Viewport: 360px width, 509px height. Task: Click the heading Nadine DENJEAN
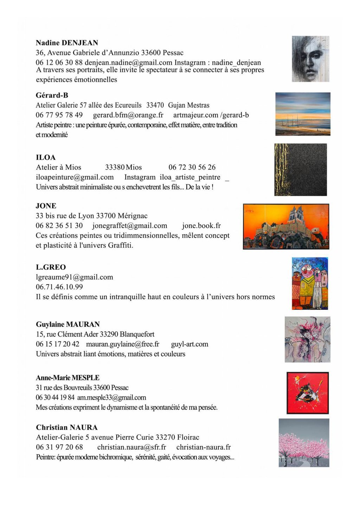[67, 43]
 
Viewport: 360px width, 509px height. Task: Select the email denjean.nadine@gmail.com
[128, 63]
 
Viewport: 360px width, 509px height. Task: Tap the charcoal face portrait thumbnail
[310, 59]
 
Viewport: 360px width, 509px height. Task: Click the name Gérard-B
[52, 95]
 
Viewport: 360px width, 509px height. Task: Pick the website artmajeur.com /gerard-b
[211, 115]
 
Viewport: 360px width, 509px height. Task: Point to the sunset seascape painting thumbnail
[303, 114]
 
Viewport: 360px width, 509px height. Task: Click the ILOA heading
[46, 157]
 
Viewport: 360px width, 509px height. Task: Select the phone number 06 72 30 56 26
[192, 167]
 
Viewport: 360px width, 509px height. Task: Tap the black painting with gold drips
[301, 170]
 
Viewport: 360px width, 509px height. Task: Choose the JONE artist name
[46, 206]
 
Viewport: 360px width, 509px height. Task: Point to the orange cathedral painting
[286, 227]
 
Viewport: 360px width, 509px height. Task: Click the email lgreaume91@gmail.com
[75, 277]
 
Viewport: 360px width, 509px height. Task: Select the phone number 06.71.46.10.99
[59, 287]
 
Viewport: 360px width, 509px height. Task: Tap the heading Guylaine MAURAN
[68, 324]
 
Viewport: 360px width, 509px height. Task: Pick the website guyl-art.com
[189, 344]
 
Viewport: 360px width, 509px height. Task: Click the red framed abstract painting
[308, 393]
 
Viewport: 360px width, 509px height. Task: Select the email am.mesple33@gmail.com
[111, 398]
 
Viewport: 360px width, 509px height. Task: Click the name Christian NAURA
[67, 428]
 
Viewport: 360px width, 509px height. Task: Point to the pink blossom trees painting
[304, 443]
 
